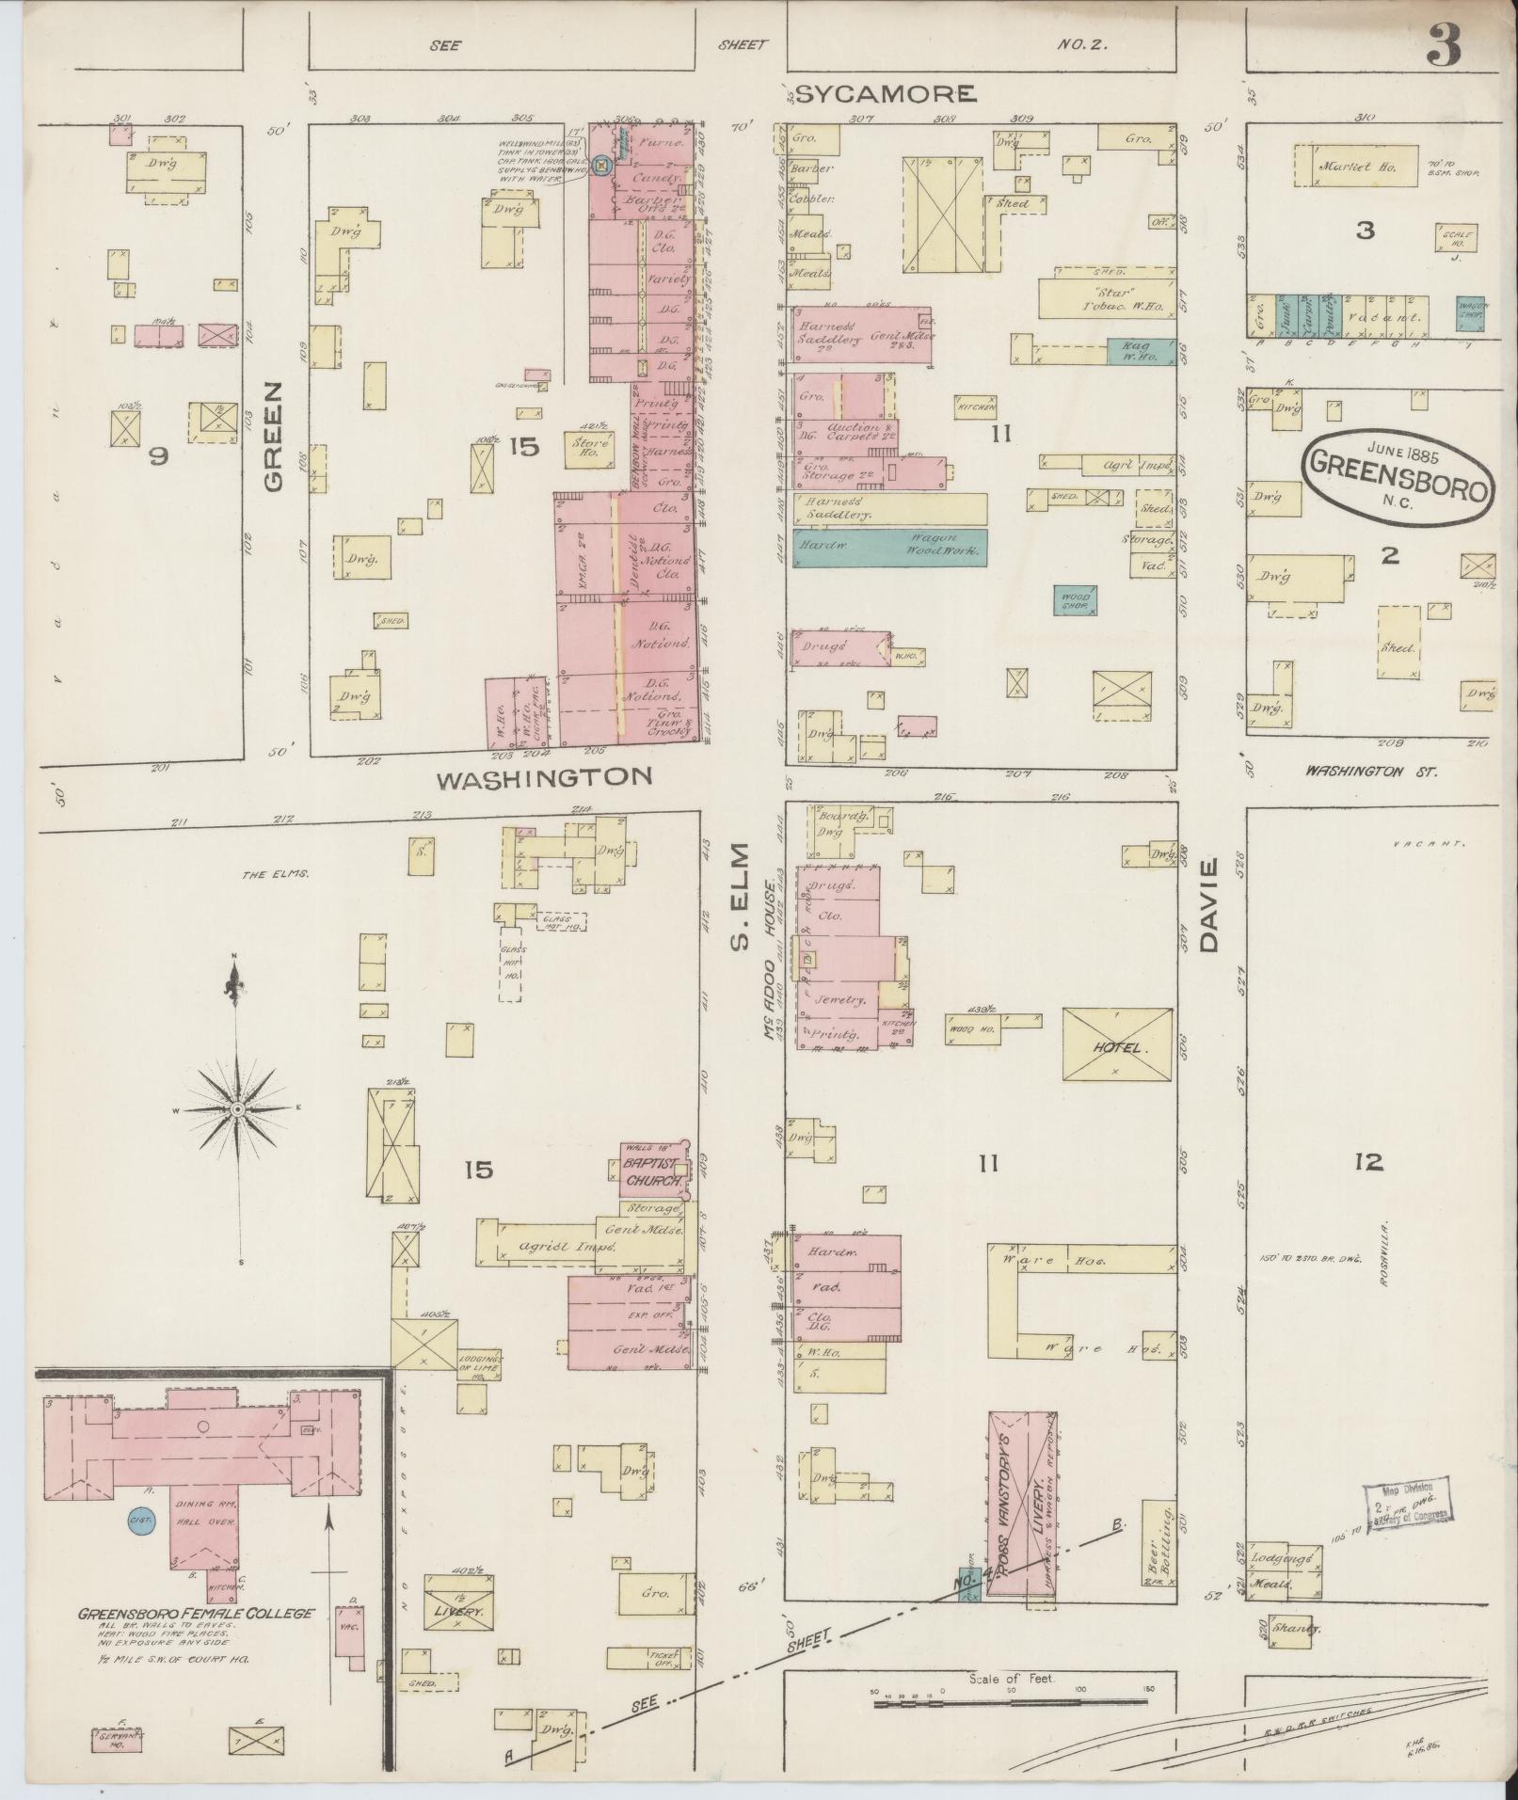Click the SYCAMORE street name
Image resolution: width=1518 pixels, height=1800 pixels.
885,93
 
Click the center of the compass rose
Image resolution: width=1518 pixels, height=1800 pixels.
238,1110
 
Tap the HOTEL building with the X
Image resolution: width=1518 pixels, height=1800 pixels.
1117,1044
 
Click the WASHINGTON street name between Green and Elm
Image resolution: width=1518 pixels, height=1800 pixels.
545,777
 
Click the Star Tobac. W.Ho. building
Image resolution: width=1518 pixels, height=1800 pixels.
1105,297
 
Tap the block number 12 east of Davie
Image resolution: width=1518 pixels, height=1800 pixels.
1368,1164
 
